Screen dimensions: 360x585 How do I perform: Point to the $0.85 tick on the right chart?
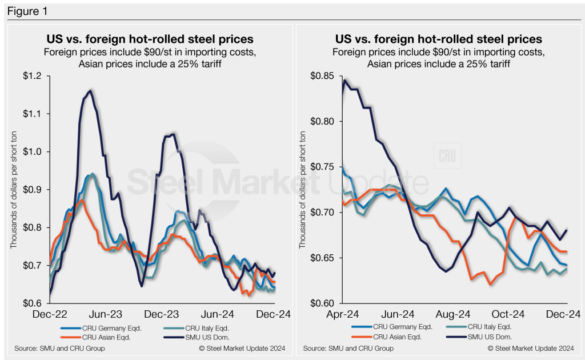321,76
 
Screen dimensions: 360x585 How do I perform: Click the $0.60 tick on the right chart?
321,303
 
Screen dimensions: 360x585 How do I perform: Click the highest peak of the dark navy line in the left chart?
90,90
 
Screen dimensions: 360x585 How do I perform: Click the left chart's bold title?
150,39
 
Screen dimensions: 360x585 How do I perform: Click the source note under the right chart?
348,348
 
